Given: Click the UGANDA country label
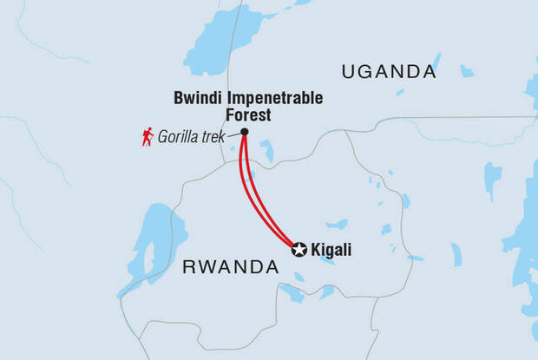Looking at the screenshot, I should tap(388, 72).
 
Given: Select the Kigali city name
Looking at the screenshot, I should tap(331, 251).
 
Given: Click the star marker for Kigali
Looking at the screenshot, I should tap(299, 250).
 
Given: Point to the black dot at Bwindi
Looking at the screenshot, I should tap(244, 132).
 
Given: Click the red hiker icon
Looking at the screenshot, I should tap(148, 135).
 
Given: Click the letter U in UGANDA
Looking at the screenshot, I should tap(348, 72).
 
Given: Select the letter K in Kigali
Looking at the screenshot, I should tap(317, 251).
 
